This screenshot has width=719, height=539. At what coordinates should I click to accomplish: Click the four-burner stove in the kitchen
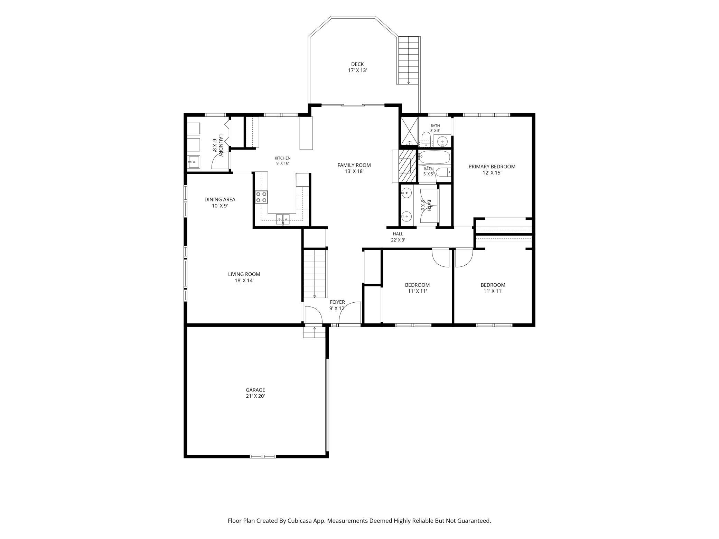click(x=261, y=197)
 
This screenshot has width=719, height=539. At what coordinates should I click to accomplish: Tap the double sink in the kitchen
click(x=283, y=218)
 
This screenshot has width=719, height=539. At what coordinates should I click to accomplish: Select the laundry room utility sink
click(x=194, y=162)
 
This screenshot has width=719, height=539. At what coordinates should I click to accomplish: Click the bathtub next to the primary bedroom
click(x=435, y=157)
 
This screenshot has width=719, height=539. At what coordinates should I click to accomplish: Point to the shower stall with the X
click(x=409, y=131)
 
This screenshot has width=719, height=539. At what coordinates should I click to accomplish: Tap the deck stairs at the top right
click(x=409, y=60)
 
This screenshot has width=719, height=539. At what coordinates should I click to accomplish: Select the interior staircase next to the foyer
click(x=315, y=274)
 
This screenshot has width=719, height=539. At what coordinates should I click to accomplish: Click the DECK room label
click(x=357, y=64)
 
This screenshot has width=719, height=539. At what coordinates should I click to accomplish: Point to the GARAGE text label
click(x=255, y=390)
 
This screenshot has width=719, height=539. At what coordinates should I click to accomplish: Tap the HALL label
click(x=398, y=234)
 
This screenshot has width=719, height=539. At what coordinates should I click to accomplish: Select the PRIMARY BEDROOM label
click(x=492, y=167)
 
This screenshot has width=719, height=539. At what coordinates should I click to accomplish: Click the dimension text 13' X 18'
click(x=354, y=171)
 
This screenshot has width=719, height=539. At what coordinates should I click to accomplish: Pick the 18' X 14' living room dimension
click(x=244, y=281)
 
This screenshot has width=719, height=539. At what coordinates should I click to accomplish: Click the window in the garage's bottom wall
click(x=263, y=456)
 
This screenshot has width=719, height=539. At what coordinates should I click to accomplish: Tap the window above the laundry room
click(x=215, y=115)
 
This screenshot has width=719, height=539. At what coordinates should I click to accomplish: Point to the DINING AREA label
click(x=220, y=199)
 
